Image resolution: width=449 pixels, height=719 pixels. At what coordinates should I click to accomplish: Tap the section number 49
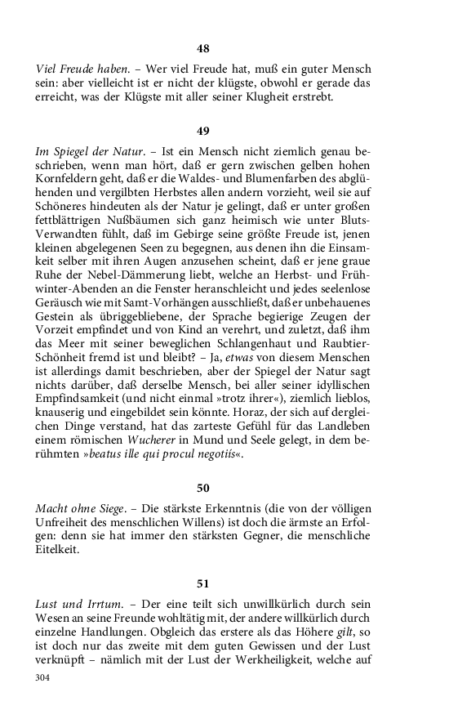click(203, 131)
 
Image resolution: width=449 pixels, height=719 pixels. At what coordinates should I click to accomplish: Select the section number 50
click(203, 489)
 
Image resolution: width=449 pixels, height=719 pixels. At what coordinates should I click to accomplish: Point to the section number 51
click(203, 583)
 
